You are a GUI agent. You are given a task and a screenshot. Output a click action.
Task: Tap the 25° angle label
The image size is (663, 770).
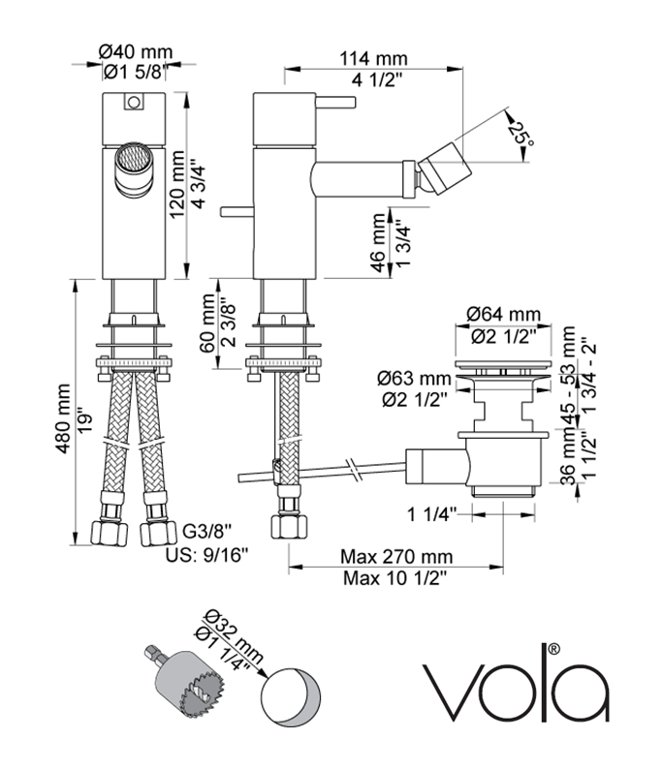point(524,133)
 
